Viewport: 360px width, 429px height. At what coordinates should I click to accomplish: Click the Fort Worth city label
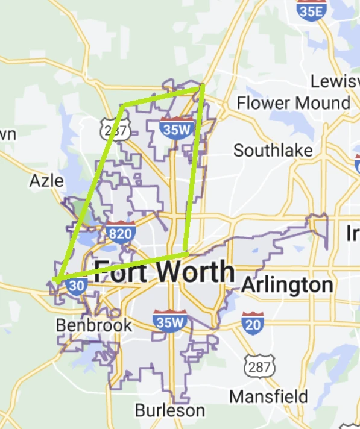click(x=164, y=272)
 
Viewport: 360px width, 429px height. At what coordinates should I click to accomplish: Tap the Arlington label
click(x=287, y=285)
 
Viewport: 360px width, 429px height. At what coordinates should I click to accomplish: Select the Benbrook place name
click(x=93, y=325)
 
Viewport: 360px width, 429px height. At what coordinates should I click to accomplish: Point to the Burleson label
click(x=169, y=410)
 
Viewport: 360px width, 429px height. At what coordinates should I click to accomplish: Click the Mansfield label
click(x=269, y=397)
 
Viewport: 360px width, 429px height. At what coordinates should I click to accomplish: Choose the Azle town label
click(x=46, y=180)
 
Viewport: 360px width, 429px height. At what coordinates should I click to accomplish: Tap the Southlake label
click(x=273, y=150)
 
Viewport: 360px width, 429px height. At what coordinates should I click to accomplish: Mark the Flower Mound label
click(x=293, y=102)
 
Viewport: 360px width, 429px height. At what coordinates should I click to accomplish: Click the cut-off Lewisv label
click(x=335, y=81)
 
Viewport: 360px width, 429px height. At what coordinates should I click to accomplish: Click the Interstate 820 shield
click(x=119, y=232)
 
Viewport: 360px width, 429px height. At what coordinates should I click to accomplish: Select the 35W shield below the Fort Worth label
click(x=169, y=321)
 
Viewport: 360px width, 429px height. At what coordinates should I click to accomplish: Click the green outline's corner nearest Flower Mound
click(x=203, y=87)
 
